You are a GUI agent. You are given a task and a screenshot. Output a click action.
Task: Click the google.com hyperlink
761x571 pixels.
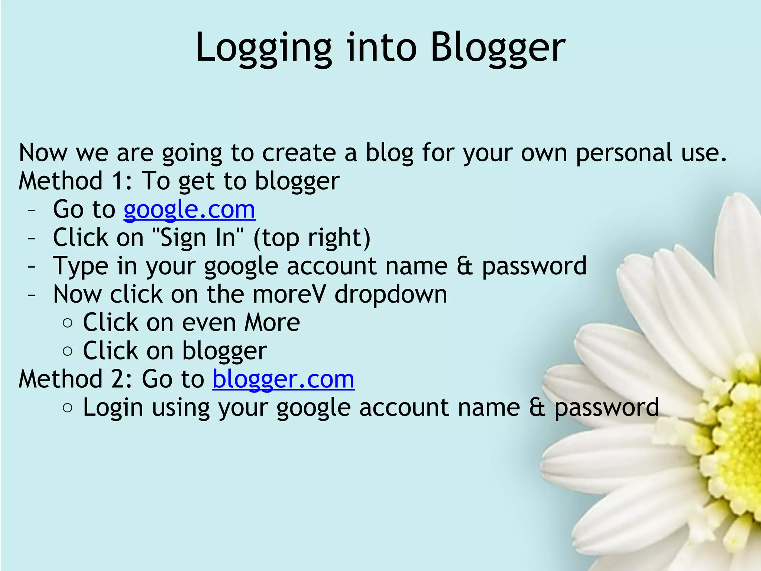(x=189, y=210)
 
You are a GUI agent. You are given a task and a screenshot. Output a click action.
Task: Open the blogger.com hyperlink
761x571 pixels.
(x=283, y=379)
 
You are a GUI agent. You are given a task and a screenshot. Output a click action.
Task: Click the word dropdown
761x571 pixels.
(x=391, y=294)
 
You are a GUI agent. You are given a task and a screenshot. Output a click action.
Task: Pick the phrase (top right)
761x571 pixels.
(x=312, y=238)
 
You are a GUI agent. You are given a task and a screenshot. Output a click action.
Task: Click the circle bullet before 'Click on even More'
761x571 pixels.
(x=68, y=323)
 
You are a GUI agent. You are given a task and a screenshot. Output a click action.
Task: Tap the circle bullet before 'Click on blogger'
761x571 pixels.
(x=68, y=351)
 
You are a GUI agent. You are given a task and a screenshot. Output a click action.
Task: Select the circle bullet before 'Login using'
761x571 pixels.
(x=68, y=408)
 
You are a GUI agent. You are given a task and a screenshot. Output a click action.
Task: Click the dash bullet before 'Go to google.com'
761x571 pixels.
(x=32, y=210)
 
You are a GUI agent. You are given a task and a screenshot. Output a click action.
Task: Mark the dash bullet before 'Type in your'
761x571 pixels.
(x=32, y=267)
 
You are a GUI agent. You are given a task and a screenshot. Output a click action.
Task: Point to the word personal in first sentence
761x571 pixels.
(x=624, y=153)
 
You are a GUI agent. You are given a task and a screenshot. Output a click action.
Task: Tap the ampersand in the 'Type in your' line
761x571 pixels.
(x=464, y=266)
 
